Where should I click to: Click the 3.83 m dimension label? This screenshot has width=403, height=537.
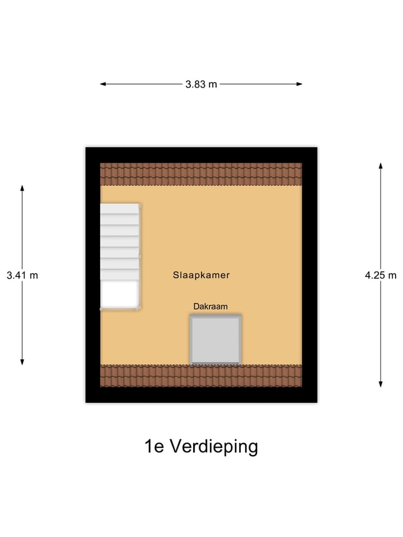point(201,84)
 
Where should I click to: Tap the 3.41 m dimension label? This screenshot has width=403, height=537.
point(22,275)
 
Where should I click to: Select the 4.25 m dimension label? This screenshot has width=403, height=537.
point(381,275)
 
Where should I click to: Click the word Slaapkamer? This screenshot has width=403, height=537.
point(201,275)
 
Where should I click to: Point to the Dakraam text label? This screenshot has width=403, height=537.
point(210,307)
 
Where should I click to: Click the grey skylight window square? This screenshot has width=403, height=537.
point(216,340)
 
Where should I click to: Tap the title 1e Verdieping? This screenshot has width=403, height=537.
point(201,446)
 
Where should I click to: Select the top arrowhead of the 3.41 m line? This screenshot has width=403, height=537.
point(22,188)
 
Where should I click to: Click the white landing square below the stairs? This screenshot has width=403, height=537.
point(119,294)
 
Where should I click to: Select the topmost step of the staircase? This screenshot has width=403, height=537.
point(119,208)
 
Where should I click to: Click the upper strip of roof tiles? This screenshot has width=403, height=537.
point(201,174)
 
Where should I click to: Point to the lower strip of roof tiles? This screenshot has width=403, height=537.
point(201,376)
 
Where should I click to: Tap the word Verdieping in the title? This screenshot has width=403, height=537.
point(214,446)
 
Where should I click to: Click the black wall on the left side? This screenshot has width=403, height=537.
point(92,275)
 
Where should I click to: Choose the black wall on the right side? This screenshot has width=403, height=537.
point(310,275)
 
